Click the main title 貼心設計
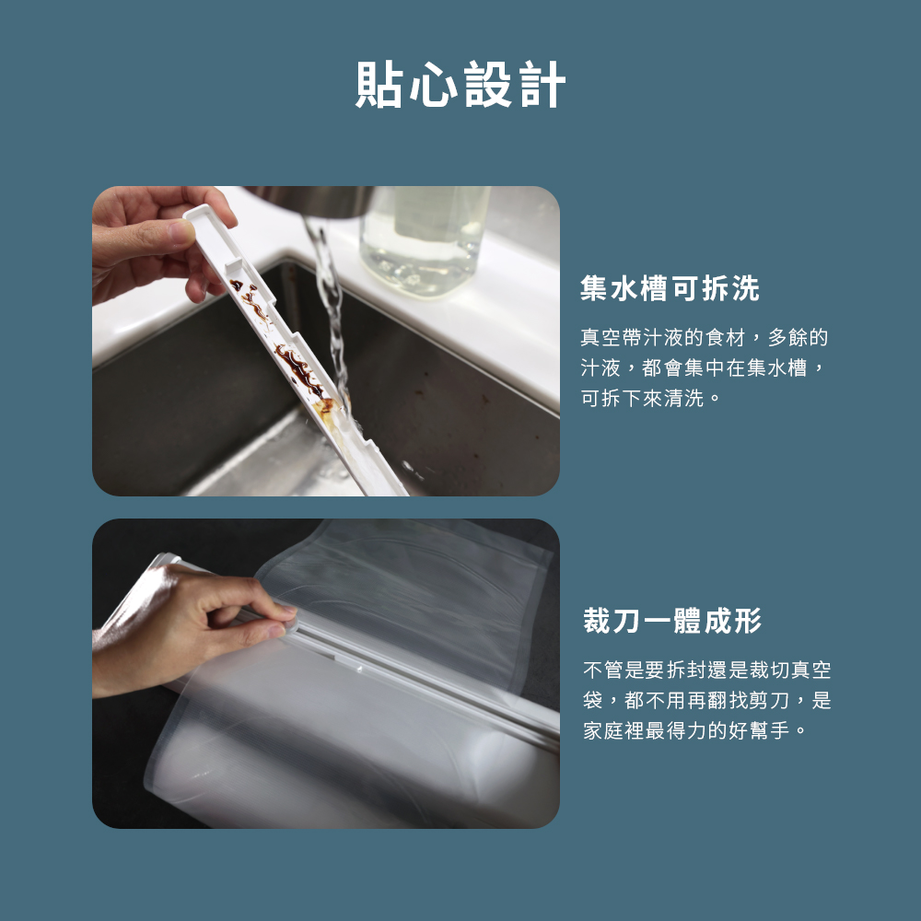click(460, 86)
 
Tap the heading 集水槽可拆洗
click(670, 289)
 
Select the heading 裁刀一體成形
click(672, 621)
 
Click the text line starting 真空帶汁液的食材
click(704, 338)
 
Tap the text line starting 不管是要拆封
click(706, 670)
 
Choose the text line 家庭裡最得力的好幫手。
click(696, 731)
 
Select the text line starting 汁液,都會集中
click(704, 368)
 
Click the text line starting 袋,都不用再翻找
click(706, 701)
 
